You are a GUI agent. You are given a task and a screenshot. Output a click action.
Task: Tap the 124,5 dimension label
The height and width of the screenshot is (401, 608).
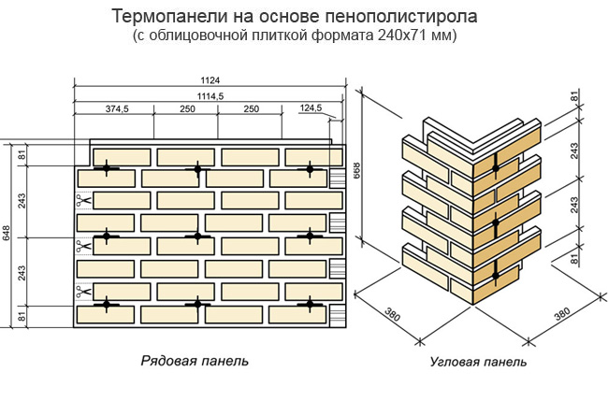click(310, 109)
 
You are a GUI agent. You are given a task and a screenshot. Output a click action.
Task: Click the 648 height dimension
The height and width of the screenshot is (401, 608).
click(7, 235)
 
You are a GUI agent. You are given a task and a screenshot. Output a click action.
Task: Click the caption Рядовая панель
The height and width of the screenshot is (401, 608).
click(195, 361)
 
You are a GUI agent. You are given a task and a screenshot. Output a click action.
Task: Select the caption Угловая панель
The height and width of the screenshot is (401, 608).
click(477, 362)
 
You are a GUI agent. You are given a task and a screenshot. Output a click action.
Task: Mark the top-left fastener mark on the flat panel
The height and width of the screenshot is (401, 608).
click(107, 168)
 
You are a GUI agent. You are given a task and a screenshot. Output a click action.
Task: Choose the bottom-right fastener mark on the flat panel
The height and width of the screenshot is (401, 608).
click(310, 304)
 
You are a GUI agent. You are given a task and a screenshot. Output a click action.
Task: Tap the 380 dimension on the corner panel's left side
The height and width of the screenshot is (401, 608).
click(392, 316)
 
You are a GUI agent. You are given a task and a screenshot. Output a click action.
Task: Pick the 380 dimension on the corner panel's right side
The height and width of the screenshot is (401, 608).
click(561, 315)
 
